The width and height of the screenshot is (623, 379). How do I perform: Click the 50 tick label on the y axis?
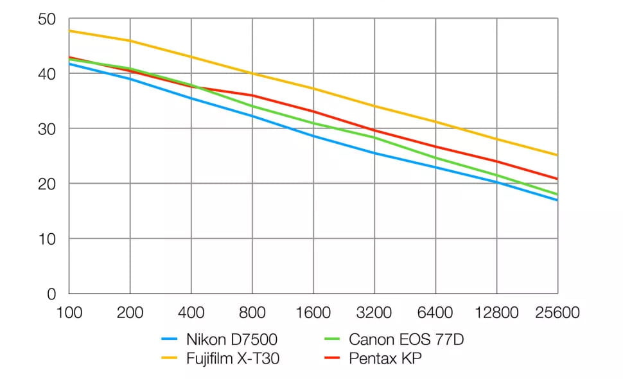[46, 19]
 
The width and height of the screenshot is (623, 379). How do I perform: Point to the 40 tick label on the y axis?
[46, 74]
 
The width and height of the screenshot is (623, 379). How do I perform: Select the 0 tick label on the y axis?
[51, 294]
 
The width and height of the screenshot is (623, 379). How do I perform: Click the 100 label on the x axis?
[69, 313]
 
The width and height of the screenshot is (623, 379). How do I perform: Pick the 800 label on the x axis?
[252, 313]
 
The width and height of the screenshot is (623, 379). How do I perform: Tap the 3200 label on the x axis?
[374, 313]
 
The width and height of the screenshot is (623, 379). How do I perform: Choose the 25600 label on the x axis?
[557, 313]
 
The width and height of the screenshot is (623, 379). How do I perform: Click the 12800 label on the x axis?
[496, 313]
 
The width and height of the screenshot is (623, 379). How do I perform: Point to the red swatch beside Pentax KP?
[332, 358]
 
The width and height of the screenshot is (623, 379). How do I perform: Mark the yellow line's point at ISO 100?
[69, 31]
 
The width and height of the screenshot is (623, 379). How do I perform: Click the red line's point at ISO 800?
[252, 96]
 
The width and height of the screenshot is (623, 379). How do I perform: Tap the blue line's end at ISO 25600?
[557, 200]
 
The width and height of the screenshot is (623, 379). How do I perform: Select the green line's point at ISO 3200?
[374, 137]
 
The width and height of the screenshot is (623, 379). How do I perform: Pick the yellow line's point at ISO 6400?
[435, 121]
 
